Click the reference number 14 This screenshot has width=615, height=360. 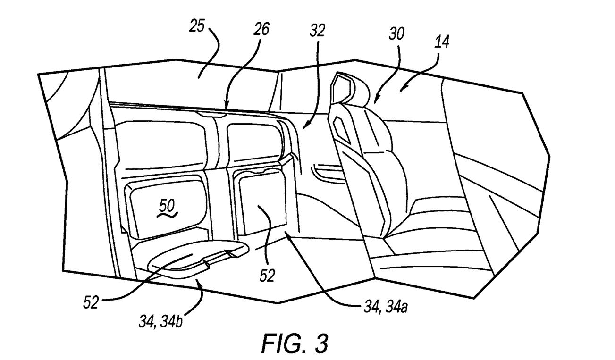[442, 42]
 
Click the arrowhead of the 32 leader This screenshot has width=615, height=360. [304, 127]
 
